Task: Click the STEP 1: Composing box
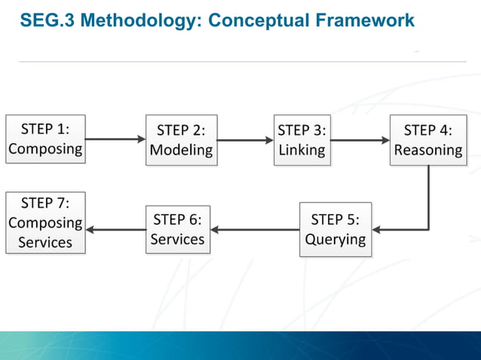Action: [x=45, y=139]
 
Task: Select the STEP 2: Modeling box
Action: [x=181, y=140]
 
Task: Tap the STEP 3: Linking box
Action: [x=302, y=139]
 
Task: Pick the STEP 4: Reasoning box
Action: [x=427, y=140]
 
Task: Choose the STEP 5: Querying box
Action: [x=335, y=230]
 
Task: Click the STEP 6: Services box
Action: [x=178, y=230]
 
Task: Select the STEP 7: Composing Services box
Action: [x=45, y=223]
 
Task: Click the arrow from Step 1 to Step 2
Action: [x=115, y=139]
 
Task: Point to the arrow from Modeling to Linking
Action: [x=245, y=140]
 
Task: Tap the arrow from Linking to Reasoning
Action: [x=360, y=140]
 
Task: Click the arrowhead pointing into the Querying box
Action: [x=377, y=230]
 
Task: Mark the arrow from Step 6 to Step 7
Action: [x=115, y=230]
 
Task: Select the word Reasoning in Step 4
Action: [x=427, y=150]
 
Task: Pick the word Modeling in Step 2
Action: [x=181, y=150]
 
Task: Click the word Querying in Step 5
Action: [x=335, y=239]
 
